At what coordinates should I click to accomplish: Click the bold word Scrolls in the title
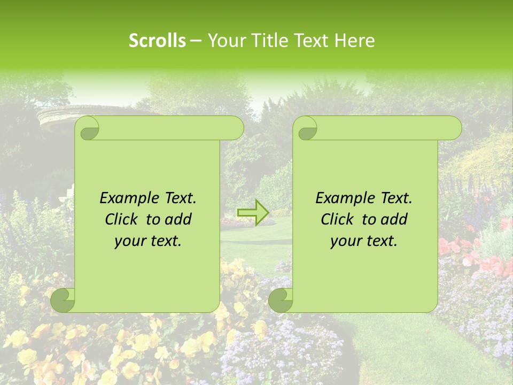[158, 40]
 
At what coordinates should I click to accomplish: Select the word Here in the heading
[355, 40]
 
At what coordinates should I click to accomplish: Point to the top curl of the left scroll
[88, 128]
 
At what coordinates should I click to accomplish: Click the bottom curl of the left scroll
[64, 300]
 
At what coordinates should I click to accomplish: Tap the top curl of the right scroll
[306, 128]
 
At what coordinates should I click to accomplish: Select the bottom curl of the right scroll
[281, 300]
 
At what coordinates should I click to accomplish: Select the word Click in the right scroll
[336, 219]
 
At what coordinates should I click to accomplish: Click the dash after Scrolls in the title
[196, 41]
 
